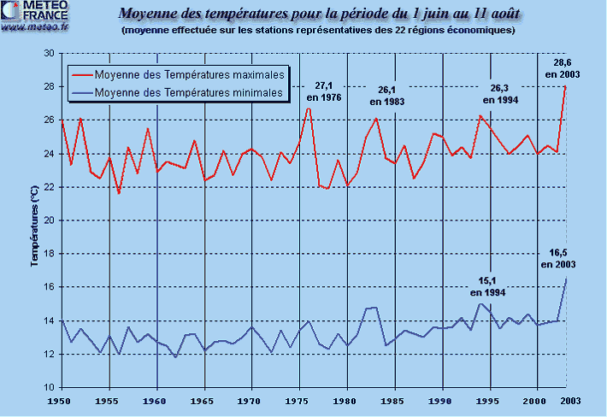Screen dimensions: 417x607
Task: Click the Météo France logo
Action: tap(31, 15)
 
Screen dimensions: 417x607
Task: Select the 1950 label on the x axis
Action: tap(61, 400)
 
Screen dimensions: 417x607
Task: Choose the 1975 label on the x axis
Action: tap(299, 400)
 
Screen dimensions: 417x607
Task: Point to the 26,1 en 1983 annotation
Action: tap(386, 95)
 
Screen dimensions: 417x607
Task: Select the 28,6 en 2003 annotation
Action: tap(563, 68)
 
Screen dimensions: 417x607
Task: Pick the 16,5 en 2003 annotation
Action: tap(558, 258)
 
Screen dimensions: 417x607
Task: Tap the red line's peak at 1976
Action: tap(309, 107)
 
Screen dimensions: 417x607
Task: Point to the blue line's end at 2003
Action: tap(566, 279)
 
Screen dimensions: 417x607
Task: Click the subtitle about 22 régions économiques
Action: tap(318, 31)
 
